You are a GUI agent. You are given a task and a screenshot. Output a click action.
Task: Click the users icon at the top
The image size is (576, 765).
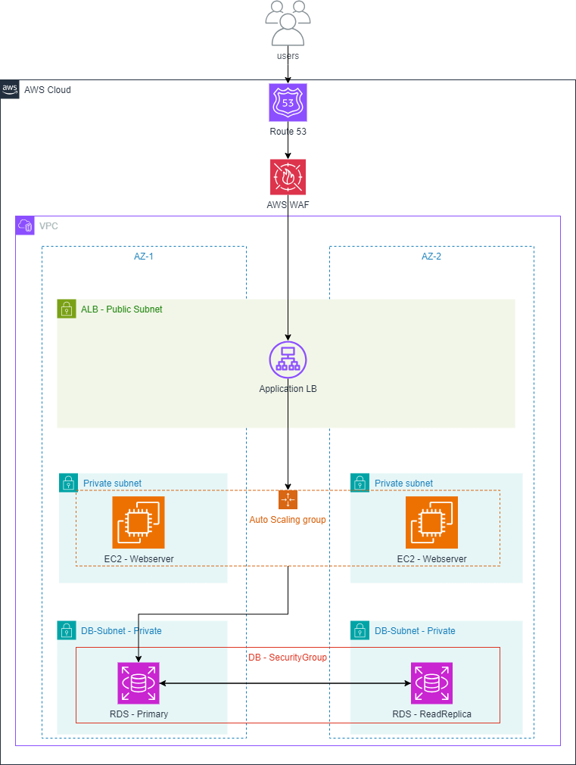(288, 24)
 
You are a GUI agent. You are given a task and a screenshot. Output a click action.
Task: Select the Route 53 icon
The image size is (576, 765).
(288, 102)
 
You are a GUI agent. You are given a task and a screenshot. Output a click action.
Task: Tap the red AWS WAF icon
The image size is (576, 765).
(288, 177)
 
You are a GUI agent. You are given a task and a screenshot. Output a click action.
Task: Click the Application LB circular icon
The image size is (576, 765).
(288, 360)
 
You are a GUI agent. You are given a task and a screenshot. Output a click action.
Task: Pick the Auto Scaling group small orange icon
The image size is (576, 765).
(288, 499)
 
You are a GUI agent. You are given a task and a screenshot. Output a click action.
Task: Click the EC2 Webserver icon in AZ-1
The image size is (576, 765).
(139, 522)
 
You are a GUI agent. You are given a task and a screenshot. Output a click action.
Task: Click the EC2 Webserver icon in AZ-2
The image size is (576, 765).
(431, 522)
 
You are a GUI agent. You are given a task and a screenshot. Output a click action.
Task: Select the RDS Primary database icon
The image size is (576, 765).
(139, 683)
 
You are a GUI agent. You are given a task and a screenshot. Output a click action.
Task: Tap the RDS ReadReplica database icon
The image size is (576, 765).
(431, 683)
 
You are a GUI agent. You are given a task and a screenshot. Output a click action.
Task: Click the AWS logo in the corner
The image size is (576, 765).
(10, 89)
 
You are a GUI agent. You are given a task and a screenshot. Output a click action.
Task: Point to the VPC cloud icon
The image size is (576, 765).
(25, 225)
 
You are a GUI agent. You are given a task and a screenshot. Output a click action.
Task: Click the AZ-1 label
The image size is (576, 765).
(143, 257)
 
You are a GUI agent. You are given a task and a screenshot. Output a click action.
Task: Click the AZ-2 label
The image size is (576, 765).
(431, 257)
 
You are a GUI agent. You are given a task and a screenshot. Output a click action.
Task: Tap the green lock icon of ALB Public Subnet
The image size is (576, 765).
(67, 309)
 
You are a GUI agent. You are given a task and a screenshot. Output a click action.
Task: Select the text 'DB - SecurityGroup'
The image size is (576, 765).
(288, 658)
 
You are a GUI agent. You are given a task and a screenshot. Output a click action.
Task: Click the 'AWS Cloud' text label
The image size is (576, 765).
(48, 90)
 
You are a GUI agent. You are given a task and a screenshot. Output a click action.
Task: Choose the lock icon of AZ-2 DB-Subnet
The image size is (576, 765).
(360, 630)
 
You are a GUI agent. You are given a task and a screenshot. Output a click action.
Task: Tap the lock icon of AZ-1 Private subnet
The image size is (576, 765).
(68, 483)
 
